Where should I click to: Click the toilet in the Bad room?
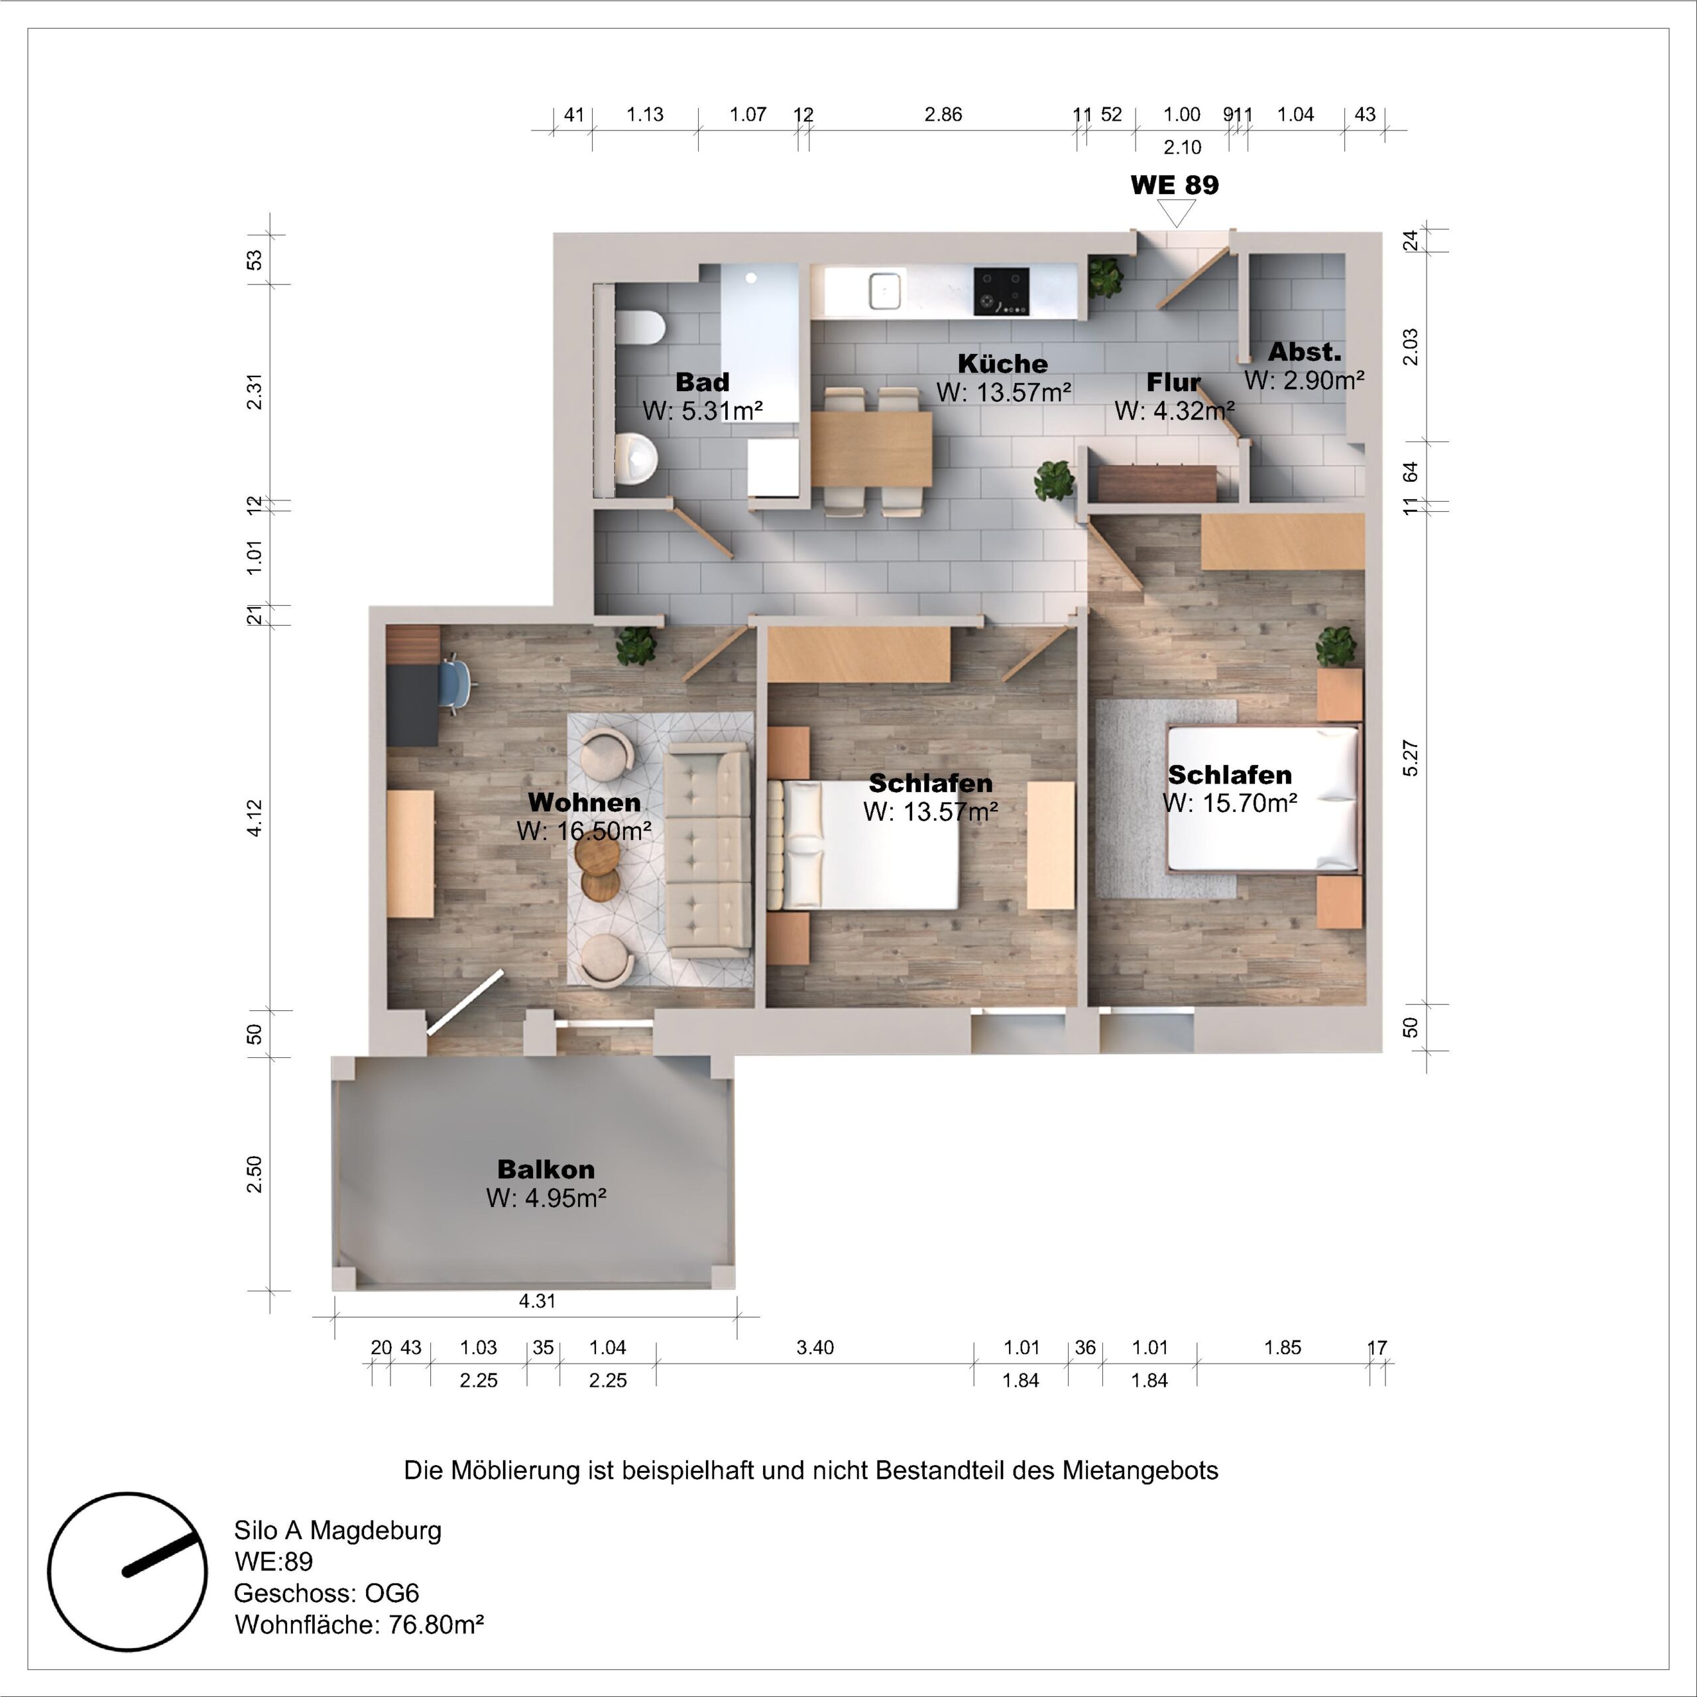640,329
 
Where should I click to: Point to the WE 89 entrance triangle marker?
1176,211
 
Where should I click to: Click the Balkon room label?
546,1169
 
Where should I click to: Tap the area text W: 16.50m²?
583,831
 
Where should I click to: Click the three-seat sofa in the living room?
707,850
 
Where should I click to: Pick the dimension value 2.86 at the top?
943,114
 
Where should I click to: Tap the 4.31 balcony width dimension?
537,1301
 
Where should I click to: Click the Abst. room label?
1305,352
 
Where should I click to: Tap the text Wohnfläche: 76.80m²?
359,1624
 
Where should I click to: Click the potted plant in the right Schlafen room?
1335,646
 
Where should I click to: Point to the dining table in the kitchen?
871,449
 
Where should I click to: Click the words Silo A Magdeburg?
337,1530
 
